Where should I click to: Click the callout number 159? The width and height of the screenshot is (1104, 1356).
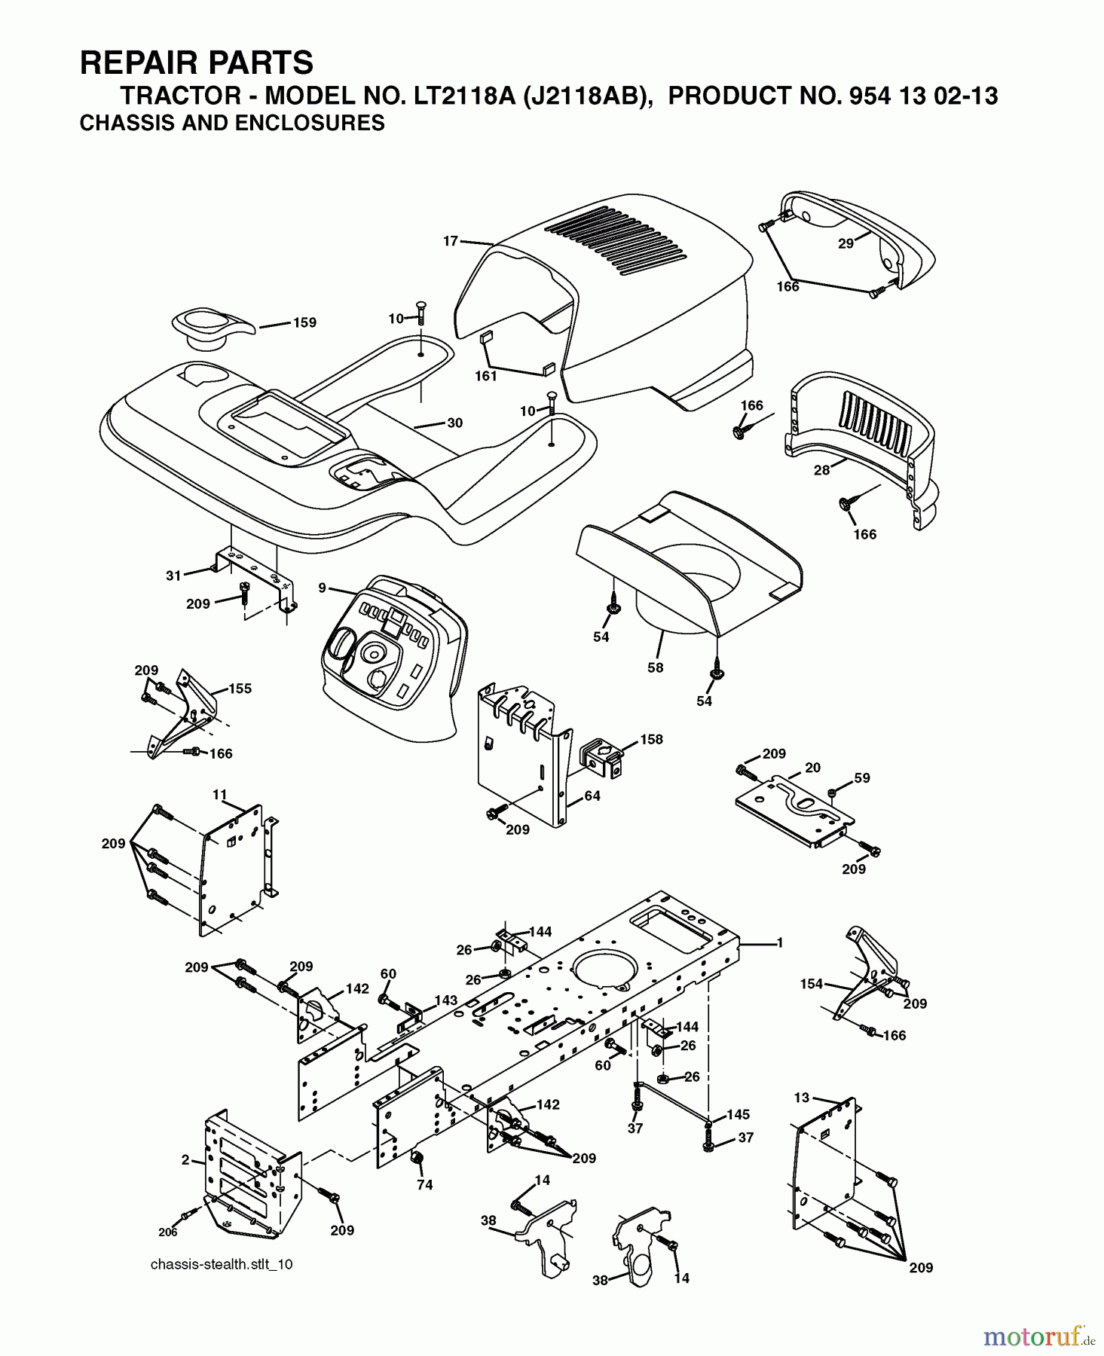(304, 322)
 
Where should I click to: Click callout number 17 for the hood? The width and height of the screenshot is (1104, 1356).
(450, 241)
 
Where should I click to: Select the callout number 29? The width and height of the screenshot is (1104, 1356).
(846, 243)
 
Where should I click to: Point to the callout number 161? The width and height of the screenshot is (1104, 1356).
(485, 375)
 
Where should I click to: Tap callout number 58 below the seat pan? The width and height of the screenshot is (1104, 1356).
(655, 667)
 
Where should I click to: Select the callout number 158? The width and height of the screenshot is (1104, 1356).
(651, 739)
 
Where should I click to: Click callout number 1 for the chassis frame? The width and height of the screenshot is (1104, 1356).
(779, 942)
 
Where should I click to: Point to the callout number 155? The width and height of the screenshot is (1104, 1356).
(240, 688)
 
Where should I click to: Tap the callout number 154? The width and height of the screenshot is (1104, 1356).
(811, 984)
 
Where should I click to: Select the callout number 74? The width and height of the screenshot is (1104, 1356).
(424, 1185)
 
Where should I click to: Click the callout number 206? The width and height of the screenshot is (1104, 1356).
(167, 1232)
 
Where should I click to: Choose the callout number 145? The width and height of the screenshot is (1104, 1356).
(738, 1114)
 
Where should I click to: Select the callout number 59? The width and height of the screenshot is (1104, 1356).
(861, 777)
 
